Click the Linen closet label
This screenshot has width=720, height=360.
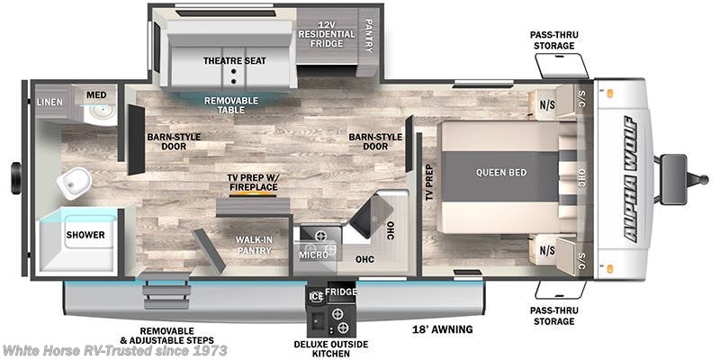pyautogui.click(x=50, y=102)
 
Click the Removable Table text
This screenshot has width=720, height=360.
pyautogui.click(x=230, y=105)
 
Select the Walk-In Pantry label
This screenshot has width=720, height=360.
pyautogui.click(x=254, y=245)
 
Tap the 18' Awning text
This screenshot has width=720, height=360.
pyautogui.click(x=442, y=329)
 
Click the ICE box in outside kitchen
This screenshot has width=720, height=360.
pyautogui.click(x=315, y=294)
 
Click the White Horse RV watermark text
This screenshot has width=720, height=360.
pyautogui.click(x=114, y=350)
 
